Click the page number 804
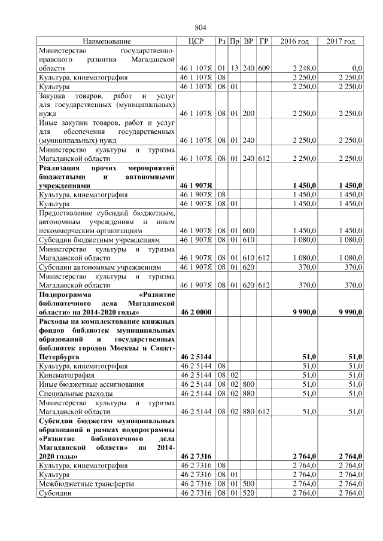click(x=200, y=27)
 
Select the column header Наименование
click(x=107, y=41)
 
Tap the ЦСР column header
click(x=196, y=41)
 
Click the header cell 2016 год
click(x=294, y=41)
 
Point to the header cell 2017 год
click(x=341, y=41)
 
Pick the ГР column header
click(x=264, y=41)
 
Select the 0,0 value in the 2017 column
click(x=357, y=69)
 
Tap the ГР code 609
click(x=264, y=69)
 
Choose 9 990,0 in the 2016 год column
click(x=304, y=313)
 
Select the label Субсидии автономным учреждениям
click(x=99, y=267)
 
